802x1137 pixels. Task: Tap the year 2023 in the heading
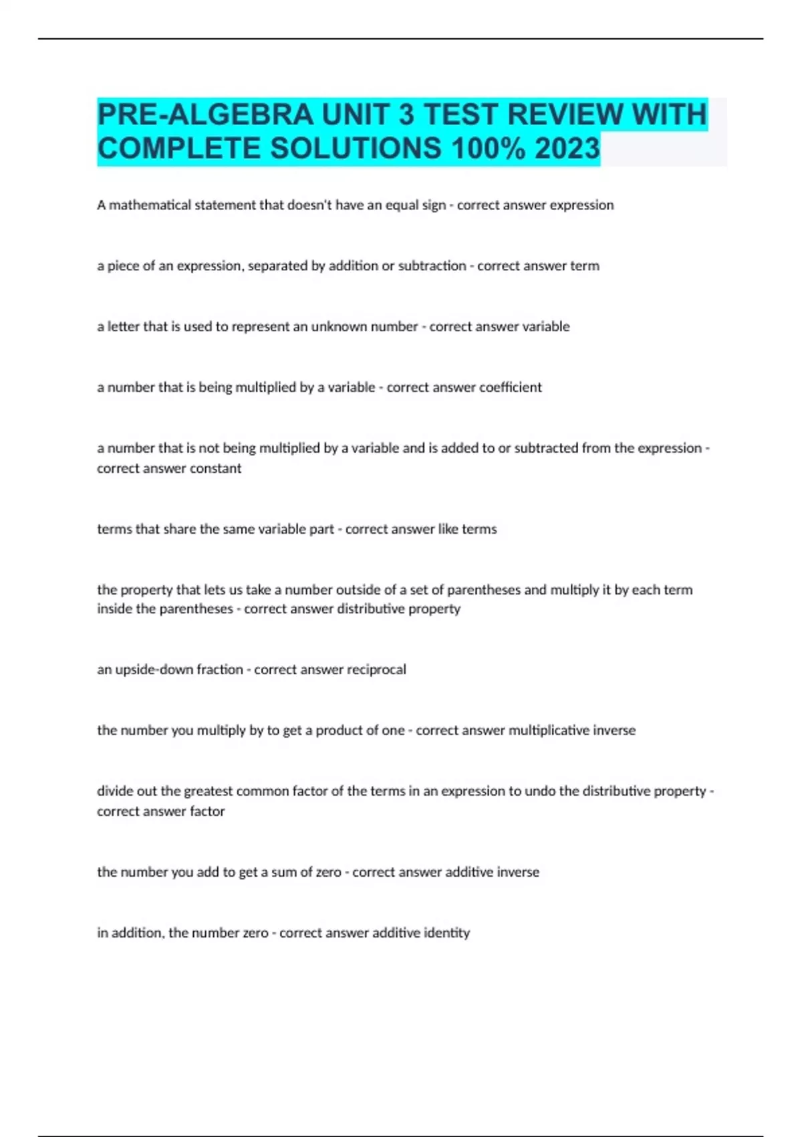(567, 148)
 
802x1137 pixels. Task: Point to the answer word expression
(581, 205)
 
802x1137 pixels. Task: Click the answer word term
(585, 266)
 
